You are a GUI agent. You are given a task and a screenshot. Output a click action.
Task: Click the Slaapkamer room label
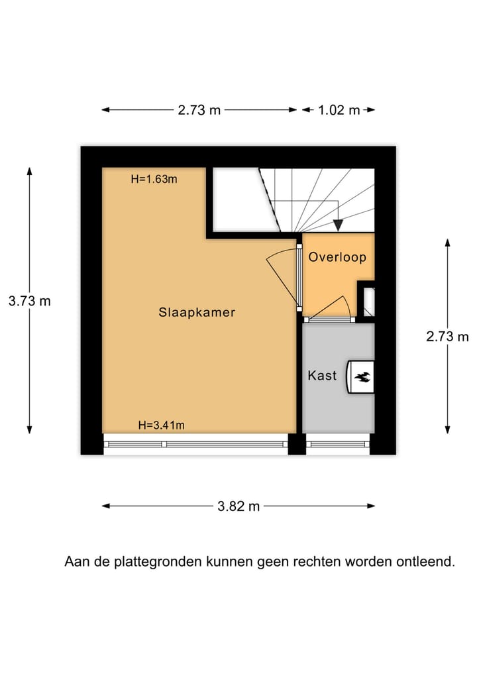pos(197,312)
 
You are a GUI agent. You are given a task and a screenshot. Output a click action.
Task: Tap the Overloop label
pos(337,257)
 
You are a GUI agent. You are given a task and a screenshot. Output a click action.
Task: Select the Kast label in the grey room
pos(322,376)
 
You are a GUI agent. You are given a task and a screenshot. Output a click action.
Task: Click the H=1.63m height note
pos(154,178)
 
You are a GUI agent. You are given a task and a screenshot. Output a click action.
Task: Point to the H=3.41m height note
pos(161,425)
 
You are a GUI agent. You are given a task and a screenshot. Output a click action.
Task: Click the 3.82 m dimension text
pos(238,506)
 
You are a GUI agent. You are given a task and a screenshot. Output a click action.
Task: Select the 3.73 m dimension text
pos(29,301)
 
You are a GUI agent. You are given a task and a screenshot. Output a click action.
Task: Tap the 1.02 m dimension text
pos(339,110)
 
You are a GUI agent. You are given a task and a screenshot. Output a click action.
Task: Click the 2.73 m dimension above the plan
pos(199,110)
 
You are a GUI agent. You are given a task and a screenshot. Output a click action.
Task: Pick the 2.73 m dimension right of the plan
pos(447,337)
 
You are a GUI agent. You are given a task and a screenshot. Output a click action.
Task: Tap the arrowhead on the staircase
pos(338,225)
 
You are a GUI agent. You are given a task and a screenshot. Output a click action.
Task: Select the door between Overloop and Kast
pos(329,319)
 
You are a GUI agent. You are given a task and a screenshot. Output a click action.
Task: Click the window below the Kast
pos(338,444)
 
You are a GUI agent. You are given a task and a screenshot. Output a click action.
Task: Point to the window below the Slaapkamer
pos(195,444)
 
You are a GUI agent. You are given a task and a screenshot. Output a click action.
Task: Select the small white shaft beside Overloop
pos(369,302)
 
